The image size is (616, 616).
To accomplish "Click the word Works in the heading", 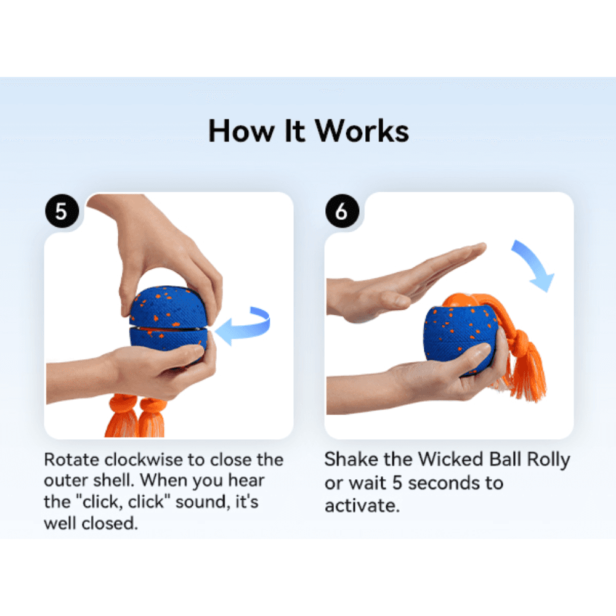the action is click(362, 131).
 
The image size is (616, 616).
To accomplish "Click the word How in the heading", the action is click(241, 131).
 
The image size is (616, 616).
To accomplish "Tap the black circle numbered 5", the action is click(62, 211).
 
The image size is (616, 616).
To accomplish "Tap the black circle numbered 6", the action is click(342, 211).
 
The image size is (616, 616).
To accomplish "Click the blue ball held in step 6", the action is click(460, 338).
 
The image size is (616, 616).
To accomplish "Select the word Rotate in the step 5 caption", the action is click(71, 460).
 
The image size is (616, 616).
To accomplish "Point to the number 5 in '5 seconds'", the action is click(397, 483).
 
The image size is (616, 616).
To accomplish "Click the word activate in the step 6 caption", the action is click(362, 506).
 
